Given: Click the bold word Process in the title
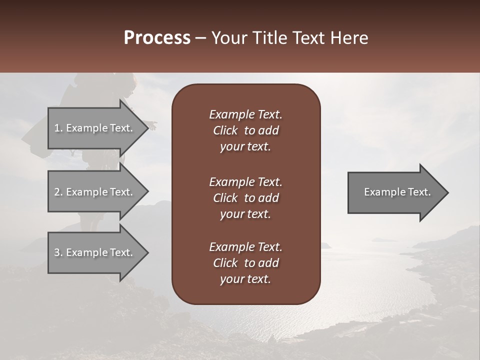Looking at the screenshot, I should point(157,38).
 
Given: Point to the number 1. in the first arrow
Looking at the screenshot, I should point(58,128).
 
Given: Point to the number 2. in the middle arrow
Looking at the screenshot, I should point(58,192).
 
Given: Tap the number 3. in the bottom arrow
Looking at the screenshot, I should point(58,252).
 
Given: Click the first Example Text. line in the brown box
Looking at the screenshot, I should point(245,114).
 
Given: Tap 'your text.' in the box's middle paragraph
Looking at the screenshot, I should point(245,214).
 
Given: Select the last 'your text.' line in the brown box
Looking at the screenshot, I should point(245,279).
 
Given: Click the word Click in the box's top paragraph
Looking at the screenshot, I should point(225,130).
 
